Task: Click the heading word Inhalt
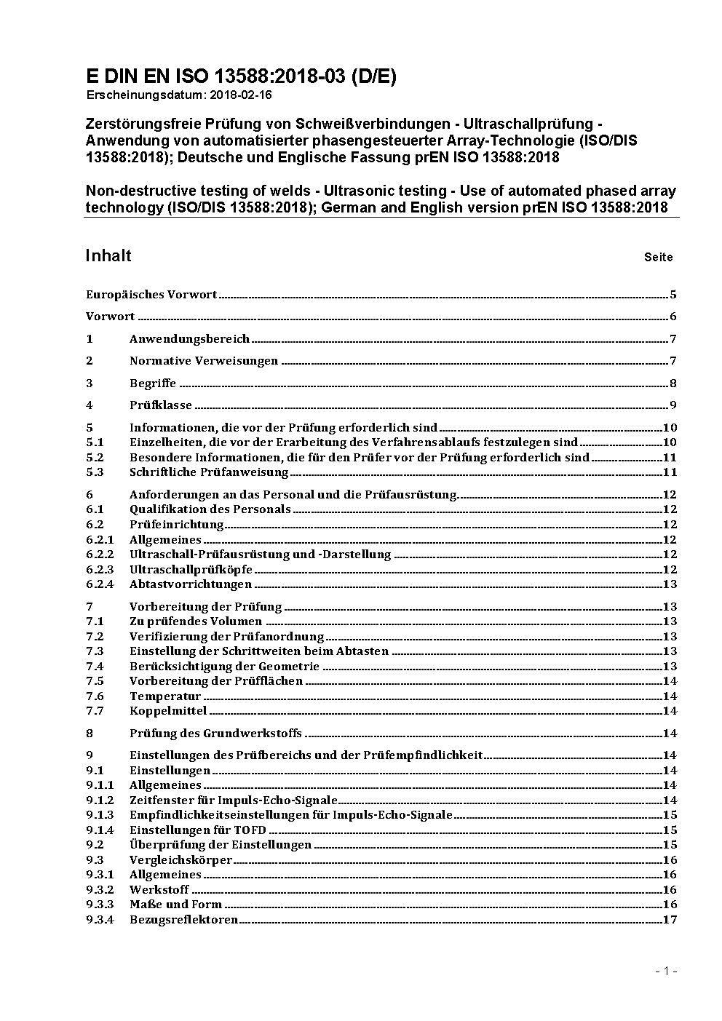[x=108, y=255]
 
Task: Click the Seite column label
[x=658, y=257]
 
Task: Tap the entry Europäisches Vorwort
[x=151, y=295]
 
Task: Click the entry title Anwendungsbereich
[x=189, y=339]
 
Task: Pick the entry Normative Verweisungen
[x=204, y=361]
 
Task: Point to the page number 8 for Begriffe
[x=673, y=384]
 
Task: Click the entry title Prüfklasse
[x=161, y=405]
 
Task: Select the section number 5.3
[x=95, y=472]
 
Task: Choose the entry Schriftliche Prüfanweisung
[x=209, y=472]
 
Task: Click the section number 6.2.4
[x=100, y=584]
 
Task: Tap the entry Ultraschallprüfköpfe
[x=191, y=569]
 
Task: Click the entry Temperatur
[x=165, y=696]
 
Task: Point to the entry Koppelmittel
[x=168, y=711]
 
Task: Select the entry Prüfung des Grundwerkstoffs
[x=215, y=734]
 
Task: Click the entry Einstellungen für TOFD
[x=198, y=830]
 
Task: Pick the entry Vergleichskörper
[x=180, y=860]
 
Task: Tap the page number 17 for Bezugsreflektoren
[x=670, y=920]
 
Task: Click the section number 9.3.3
[x=100, y=905]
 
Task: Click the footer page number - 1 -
[x=667, y=971]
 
